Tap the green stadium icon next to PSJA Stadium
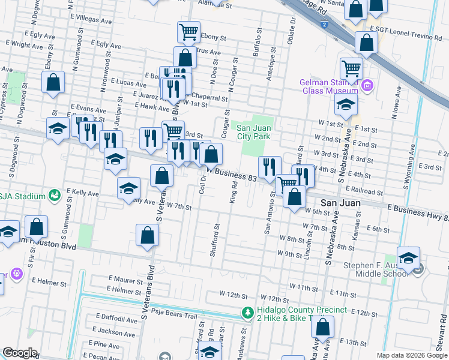point(55,196)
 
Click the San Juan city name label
point(340,203)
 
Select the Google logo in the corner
point(20,353)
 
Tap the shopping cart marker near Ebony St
point(188,32)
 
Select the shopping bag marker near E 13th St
point(323,328)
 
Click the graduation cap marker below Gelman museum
point(346,106)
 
